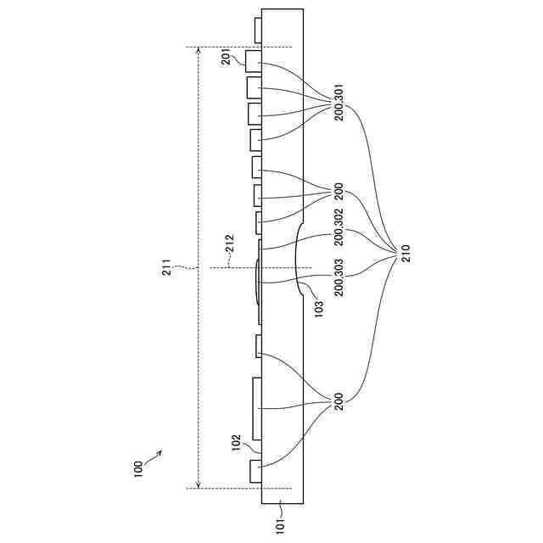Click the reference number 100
(138, 468)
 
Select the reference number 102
(238, 443)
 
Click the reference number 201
(227, 58)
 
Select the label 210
(406, 252)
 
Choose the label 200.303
(339, 277)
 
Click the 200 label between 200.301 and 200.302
(339, 192)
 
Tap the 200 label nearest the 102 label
(339, 402)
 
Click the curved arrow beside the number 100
(154, 457)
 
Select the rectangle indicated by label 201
(254, 60)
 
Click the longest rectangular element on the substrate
(257, 410)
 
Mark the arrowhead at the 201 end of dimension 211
(198, 51)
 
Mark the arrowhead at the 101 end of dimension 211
(198, 484)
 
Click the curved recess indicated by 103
(298, 260)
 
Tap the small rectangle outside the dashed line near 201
(258, 31)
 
